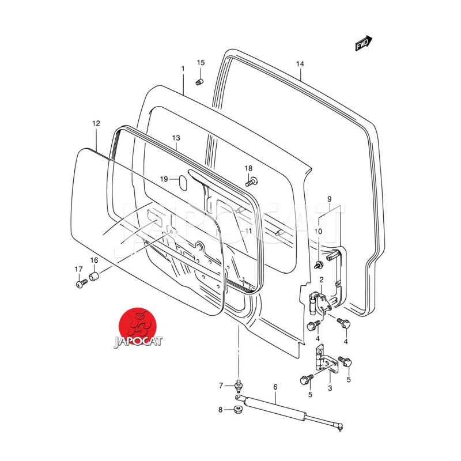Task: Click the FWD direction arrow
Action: [364, 44]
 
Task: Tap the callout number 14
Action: [300, 64]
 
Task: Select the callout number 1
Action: [183, 69]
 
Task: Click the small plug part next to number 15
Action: [199, 82]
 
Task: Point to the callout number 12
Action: [96, 123]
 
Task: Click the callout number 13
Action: [176, 138]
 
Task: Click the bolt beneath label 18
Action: [251, 182]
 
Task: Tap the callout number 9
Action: [330, 199]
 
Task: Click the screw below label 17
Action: [81, 283]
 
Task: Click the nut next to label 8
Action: [237, 410]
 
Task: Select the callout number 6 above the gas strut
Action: [275, 387]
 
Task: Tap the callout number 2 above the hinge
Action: [321, 280]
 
